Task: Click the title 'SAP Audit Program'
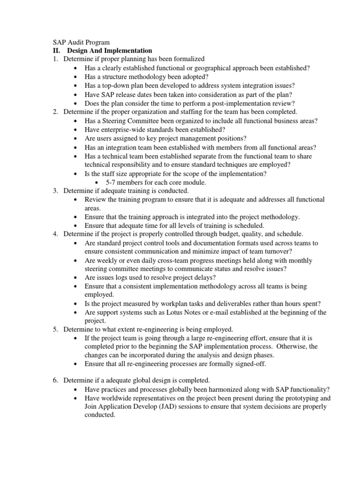click(x=81, y=42)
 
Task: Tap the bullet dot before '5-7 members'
click(x=97, y=182)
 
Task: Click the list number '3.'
click(x=55, y=191)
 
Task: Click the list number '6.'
click(x=55, y=381)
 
